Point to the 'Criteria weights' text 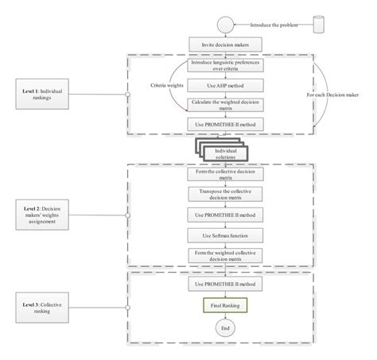pyautogui.click(x=165, y=84)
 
